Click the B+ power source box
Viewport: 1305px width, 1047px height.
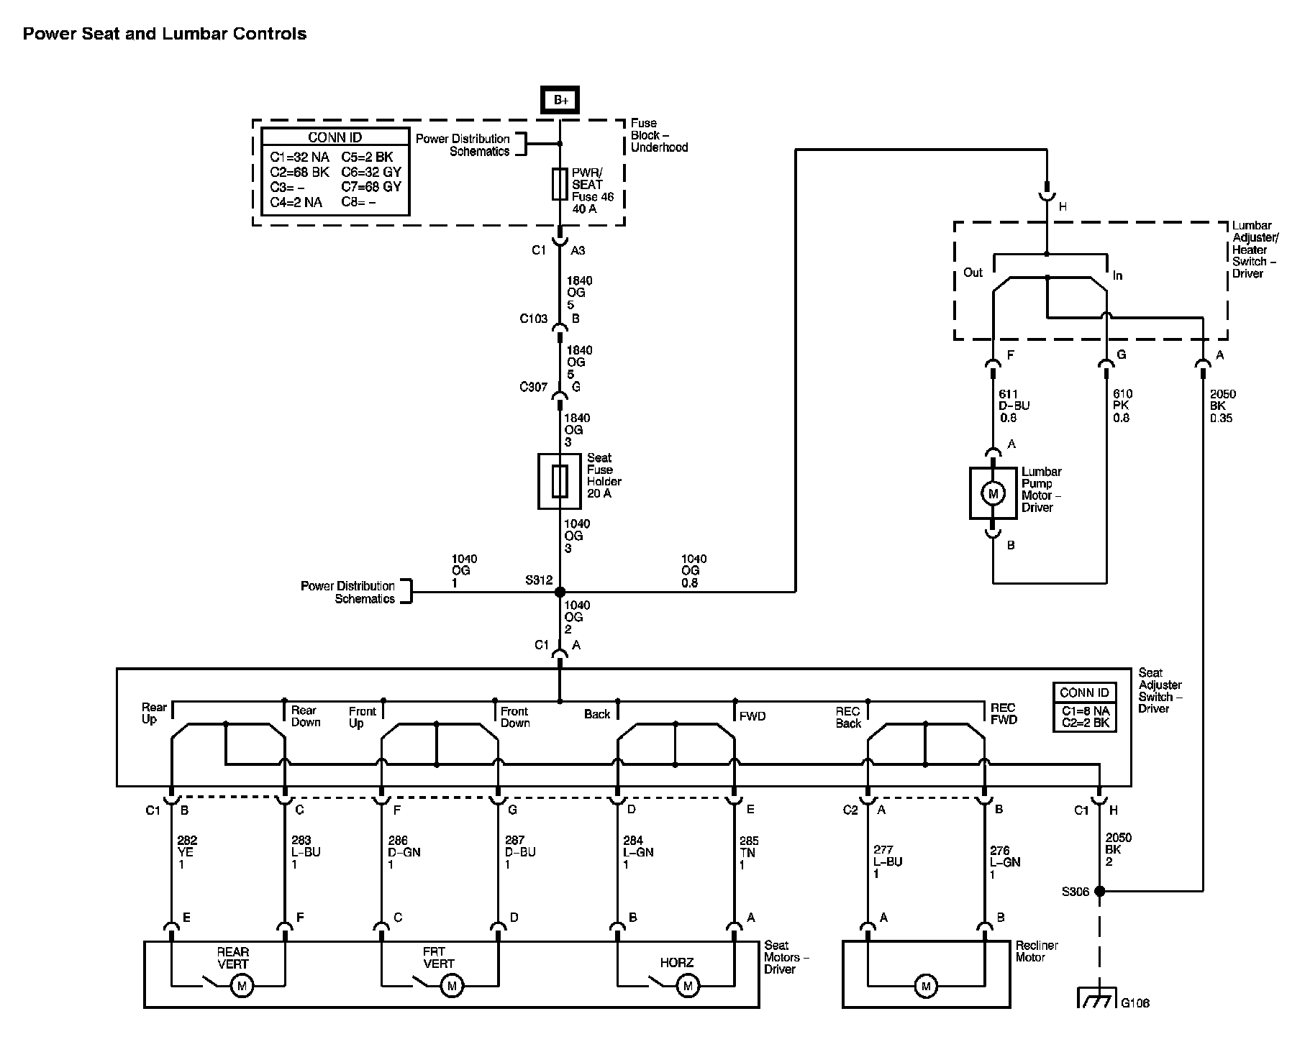560,100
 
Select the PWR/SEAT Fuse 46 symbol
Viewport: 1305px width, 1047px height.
560,184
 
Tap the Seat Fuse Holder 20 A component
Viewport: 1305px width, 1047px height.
560,481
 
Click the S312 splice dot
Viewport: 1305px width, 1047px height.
560,592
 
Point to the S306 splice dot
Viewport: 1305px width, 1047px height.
1099,891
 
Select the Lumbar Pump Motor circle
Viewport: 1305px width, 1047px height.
993,493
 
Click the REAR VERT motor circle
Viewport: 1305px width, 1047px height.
242,986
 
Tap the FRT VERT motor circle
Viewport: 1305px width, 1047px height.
452,986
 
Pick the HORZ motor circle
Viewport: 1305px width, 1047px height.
688,986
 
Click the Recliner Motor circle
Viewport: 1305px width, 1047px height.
926,986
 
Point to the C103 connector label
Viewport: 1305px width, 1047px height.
534,319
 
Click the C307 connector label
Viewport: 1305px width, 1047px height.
534,387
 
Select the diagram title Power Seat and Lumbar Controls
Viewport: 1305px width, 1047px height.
165,34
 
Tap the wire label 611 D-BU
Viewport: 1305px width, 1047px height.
1014,406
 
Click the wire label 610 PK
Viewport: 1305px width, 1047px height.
1122,406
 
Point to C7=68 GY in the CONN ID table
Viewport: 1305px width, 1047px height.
371,187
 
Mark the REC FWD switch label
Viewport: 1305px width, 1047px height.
1004,713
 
